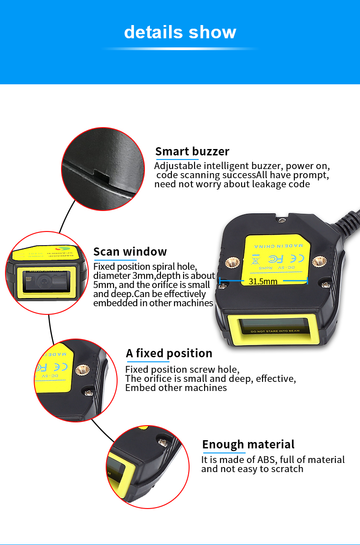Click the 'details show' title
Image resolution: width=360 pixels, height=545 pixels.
180,32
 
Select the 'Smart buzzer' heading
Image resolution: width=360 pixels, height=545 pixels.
192,151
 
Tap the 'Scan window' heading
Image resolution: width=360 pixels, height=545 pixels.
130,252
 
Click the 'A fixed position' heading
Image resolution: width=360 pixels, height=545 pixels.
169,353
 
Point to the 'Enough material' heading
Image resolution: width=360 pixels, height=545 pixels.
248,444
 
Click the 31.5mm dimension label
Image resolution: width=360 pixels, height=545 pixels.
263,281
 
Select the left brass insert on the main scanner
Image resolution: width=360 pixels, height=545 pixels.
233,262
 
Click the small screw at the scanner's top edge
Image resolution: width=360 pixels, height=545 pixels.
282,220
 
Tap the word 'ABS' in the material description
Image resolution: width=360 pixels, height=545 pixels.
266,460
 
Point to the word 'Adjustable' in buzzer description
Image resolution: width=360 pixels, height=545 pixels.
177,166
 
